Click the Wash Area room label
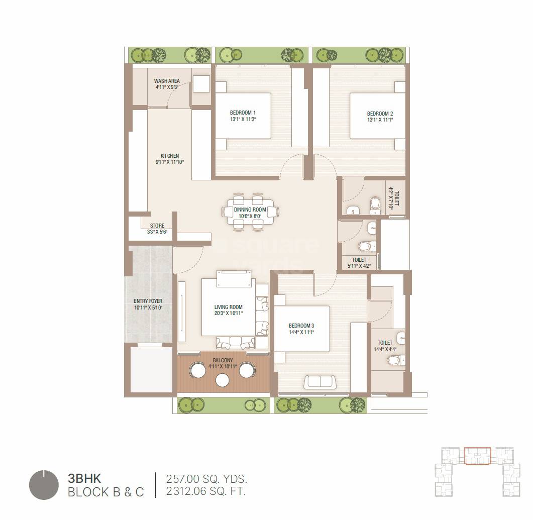[x=167, y=81]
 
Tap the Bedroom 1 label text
[x=243, y=113]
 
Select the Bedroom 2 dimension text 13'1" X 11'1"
[x=380, y=120]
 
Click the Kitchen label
[x=170, y=156]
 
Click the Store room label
[x=157, y=226]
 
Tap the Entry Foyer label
[x=148, y=301]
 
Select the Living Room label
[x=229, y=307]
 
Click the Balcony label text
[x=223, y=360]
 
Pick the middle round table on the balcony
[x=223, y=381]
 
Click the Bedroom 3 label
[x=301, y=326]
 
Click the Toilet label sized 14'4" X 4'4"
[x=385, y=343]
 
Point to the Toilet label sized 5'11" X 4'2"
[x=359, y=260]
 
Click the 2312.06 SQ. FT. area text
[x=206, y=491]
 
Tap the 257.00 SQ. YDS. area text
[x=206, y=479]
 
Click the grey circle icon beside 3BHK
[x=44, y=485]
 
